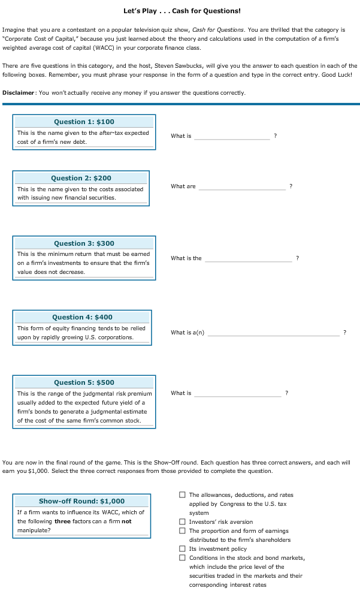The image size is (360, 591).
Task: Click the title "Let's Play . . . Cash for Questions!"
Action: tap(182, 11)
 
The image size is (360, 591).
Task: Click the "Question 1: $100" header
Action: tap(84, 122)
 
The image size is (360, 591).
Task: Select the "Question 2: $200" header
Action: tap(81, 178)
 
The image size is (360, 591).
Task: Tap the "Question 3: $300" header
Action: tap(84, 243)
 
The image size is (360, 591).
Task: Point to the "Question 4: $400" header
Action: tap(82, 317)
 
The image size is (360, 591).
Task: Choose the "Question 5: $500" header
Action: tap(84, 382)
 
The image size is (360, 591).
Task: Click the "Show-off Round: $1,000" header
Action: tap(81, 501)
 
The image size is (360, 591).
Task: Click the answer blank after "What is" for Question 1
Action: tap(232, 136)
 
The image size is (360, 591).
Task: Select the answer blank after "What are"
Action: tap(242, 186)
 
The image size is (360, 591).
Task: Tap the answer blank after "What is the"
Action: tap(249, 258)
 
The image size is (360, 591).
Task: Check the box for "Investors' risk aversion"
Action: tap(182, 522)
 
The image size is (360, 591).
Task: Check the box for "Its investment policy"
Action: tap(182, 549)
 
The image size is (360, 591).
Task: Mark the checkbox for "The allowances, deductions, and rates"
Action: tap(182, 495)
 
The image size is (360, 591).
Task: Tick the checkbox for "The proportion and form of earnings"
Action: tap(182, 531)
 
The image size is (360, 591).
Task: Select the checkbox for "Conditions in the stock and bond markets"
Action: tap(182, 558)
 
